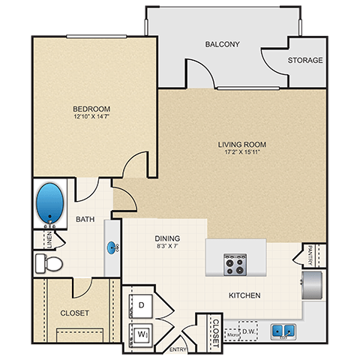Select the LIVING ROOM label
coord(242,145)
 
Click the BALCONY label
coord(222,44)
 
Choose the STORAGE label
coord(305,60)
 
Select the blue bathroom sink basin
coord(113,245)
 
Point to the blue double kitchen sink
coord(283,328)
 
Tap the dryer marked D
coord(142,304)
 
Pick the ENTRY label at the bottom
coord(178,349)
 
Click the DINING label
coord(166,238)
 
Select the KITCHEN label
coord(244,295)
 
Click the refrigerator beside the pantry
coord(313,285)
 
